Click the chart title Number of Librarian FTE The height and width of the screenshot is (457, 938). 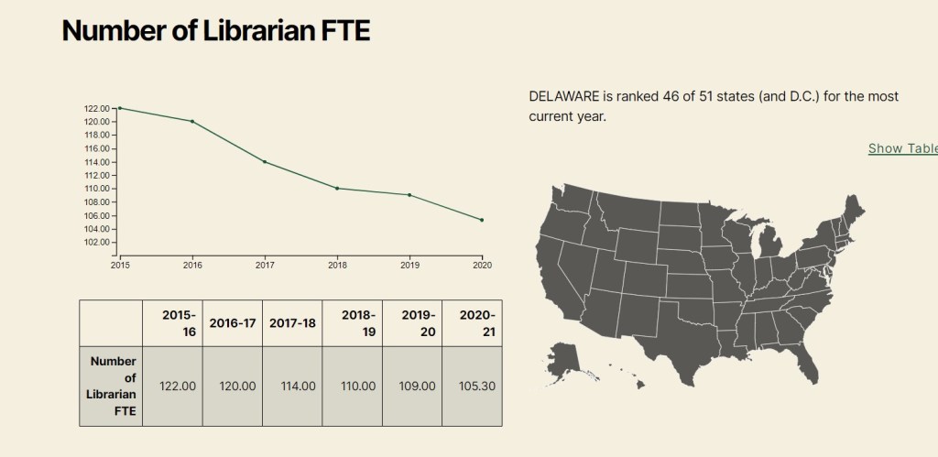pyautogui.click(x=215, y=30)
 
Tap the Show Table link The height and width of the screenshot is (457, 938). pyautogui.click(x=902, y=148)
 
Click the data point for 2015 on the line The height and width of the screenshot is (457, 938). pyautogui.click(x=120, y=108)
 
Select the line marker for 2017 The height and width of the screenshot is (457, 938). pyautogui.click(x=265, y=162)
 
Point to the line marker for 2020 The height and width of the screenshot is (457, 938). pyautogui.click(x=482, y=220)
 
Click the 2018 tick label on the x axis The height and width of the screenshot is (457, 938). pyautogui.click(x=337, y=265)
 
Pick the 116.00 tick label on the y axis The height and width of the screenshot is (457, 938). pyautogui.click(x=97, y=148)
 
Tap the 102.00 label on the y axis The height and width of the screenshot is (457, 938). pyautogui.click(x=97, y=242)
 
